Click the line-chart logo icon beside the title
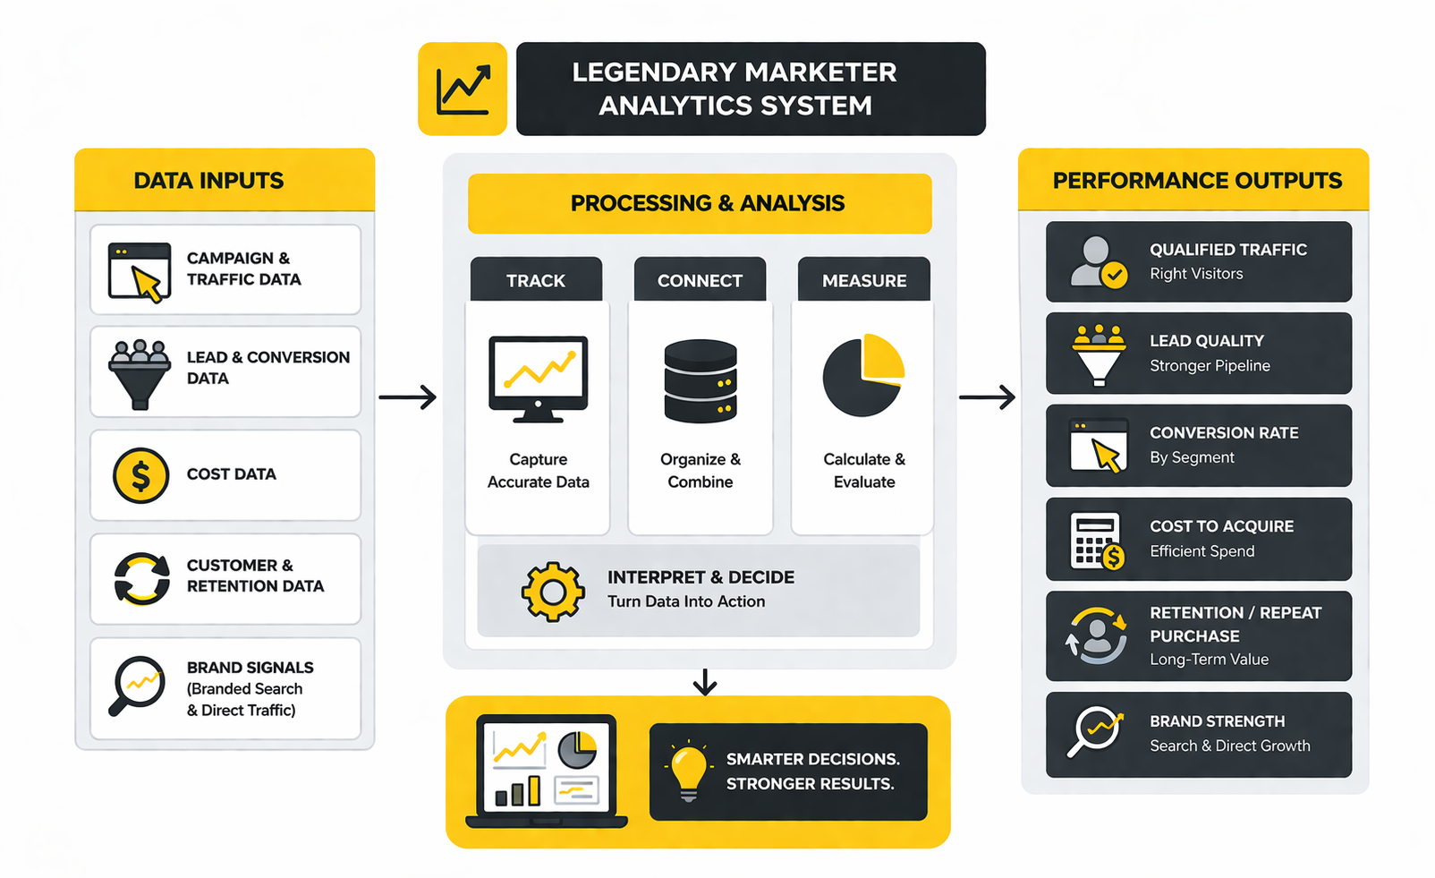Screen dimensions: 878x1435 463,90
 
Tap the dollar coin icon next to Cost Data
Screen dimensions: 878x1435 140,475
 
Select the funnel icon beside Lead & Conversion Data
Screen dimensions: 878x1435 140,374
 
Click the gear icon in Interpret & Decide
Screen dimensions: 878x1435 553,592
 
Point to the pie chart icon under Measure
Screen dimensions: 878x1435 863,376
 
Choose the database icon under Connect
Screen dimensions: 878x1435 701,380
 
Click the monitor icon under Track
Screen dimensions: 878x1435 538,379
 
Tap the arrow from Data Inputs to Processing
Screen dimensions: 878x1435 408,396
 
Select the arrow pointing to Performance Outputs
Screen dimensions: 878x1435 988,396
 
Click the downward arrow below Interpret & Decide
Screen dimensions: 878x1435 705,682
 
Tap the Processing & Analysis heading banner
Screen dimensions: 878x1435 700,203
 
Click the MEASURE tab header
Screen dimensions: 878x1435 864,280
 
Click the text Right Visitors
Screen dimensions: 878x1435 1196,274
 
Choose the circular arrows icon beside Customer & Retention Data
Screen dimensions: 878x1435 141,579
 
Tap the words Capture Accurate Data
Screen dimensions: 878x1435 539,471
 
